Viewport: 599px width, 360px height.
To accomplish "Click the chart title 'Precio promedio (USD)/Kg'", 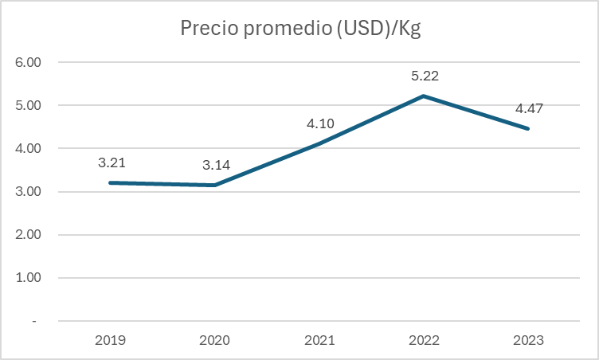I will pyautogui.click(x=299, y=29).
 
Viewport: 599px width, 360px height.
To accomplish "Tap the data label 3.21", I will pyautogui.click(x=112, y=162).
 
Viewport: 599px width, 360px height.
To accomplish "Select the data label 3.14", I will pyautogui.click(x=216, y=166).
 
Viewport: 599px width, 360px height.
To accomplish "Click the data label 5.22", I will pyautogui.click(x=424, y=76).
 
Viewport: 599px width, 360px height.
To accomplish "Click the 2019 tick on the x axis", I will pyautogui.click(x=111, y=340).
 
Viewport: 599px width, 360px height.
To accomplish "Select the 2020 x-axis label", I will pyautogui.click(x=215, y=340).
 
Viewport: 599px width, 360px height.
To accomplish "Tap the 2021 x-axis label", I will pyautogui.click(x=319, y=340).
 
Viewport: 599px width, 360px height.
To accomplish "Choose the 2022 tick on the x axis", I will pyautogui.click(x=424, y=340).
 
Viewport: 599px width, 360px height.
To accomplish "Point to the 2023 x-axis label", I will pyautogui.click(x=527, y=340).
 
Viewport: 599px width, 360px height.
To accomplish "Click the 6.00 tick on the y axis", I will pyautogui.click(x=28, y=62).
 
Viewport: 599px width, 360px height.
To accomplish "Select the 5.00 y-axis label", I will pyautogui.click(x=28, y=105).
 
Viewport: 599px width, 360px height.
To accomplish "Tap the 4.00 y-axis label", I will pyautogui.click(x=28, y=148).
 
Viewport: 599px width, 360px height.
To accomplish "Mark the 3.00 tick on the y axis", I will pyautogui.click(x=28, y=192).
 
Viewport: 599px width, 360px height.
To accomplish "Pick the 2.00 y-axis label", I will pyautogui.click(x=28, y=235).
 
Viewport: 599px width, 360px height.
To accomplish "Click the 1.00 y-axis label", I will pyautogui.click(x=28, y=278).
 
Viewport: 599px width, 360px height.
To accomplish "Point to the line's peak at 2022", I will pyautogui.click(x=424, y=96).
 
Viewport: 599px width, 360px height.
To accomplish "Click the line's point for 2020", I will pyautogui.click(x=215, y=186).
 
